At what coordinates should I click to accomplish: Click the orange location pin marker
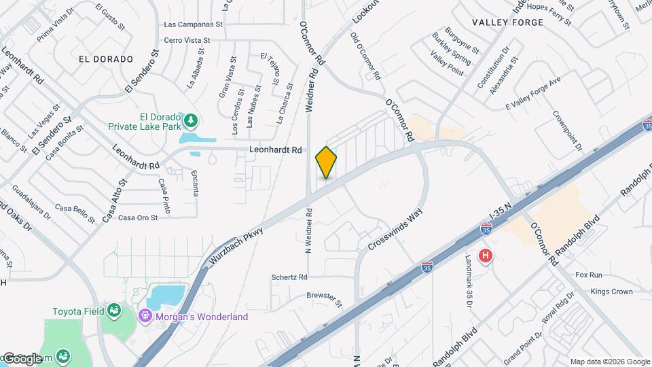(x=326, y=162)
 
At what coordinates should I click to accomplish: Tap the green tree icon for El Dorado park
(x=192, y=121)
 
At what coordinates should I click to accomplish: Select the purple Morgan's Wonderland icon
(x=143, y=316)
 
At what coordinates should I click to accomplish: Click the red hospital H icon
(x=486, y=256)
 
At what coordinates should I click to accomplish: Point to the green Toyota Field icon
(x=114, y=311)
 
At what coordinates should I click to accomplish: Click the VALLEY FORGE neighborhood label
(x=513, y=22)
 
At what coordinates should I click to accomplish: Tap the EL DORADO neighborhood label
(x=105, y=59)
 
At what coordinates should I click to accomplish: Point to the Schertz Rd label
(x=289, y=277)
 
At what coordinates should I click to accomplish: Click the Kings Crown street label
(x=611, y=292)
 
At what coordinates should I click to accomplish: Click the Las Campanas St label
(x=194, y=24)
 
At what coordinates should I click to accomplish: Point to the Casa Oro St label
(x=138, y=217)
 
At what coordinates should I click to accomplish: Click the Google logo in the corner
(x=22, y=357)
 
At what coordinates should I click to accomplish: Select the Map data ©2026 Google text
(x=609, y=362)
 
